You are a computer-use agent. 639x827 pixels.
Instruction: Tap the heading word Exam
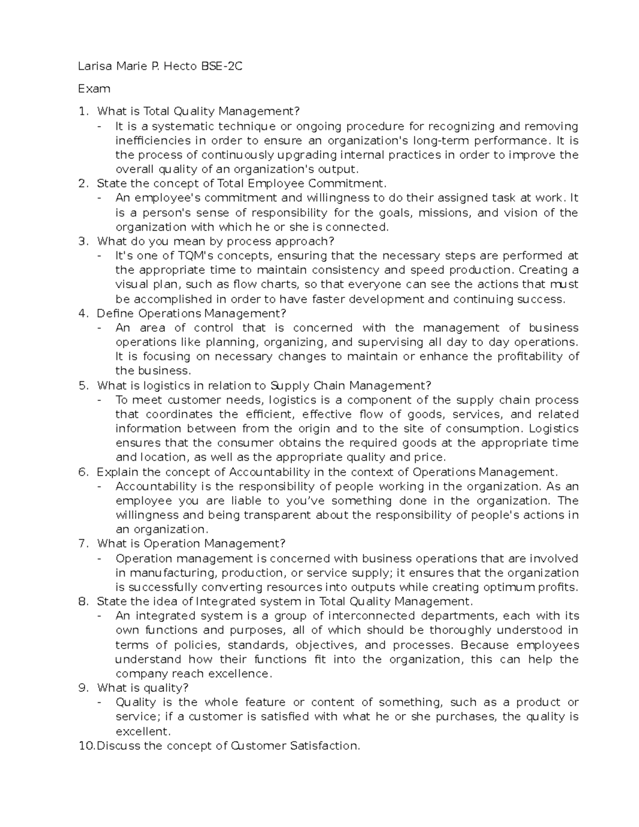[x=94, y=88]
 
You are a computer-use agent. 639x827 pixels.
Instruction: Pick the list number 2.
[x=82, y=184]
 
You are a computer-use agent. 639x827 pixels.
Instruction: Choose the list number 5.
[x=82, y=386]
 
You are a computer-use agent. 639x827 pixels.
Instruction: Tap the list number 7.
[x=82, y=544]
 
